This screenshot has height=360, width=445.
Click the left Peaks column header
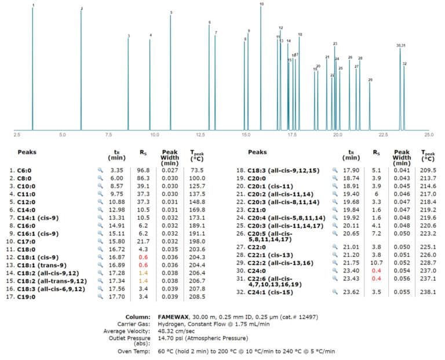pyautogui.click(x=27, y=153)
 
